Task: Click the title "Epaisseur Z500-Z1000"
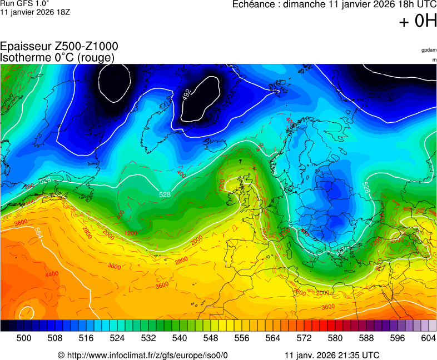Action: (59, 47)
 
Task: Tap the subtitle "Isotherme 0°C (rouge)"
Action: (57, 57)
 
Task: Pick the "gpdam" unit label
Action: (429, 50)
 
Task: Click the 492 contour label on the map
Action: (187, 95)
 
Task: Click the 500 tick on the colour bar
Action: (24, 338)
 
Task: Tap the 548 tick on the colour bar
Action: (211, 338)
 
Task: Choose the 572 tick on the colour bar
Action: (304, 338)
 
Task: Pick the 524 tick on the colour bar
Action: (117, 338)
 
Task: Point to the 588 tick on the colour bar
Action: (366, 338)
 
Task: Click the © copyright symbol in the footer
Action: (61, 355)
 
